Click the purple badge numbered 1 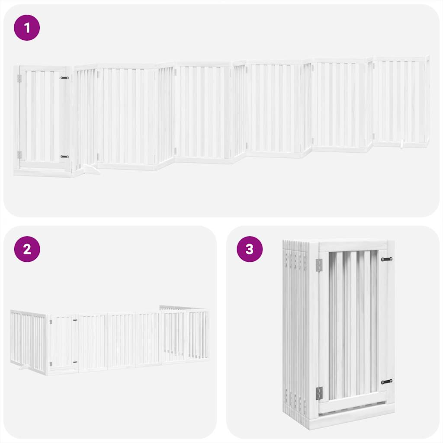(27, 28)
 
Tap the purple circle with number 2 (27, 249)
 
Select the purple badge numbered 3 (250, 249)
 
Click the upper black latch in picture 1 (64, 78)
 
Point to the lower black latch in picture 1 (64, 156)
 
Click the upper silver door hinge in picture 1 (19, 78)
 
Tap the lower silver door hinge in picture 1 (19, 154)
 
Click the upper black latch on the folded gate (386, 259)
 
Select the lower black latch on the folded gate (386, 382)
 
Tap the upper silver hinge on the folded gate (319, 265)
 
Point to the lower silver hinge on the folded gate (319, 393)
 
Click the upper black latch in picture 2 (75, 321)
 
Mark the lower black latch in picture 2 (75, 362)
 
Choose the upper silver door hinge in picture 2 (51, 322)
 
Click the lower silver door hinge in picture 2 (51, 364)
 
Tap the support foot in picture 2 (25, 368)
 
